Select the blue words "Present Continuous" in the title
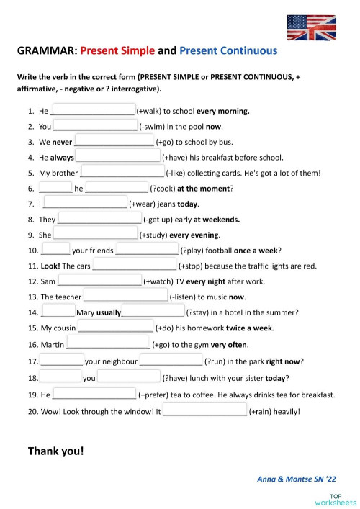pos(227,51)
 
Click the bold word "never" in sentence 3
pos(62,143)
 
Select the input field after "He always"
pos(118,158)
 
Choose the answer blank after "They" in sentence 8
pos(99,220)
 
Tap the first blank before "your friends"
pos(55,251)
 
